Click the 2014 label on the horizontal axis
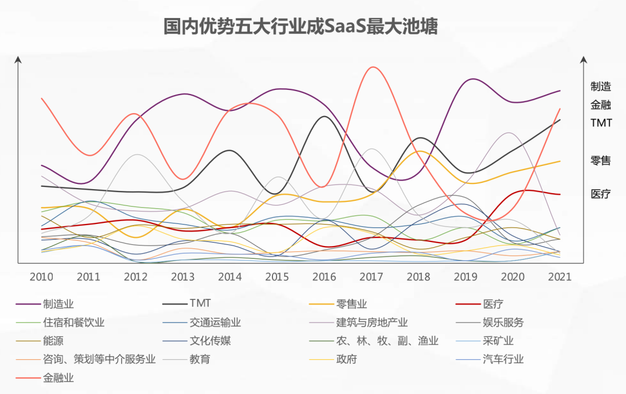(x=230, y=276)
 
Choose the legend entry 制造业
(x=59, y=303)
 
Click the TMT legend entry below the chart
(x=200, y=303)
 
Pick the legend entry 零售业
(x=352, y=303)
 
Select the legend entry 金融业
(x=59, y=378)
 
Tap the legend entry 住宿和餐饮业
(x=74, y=323)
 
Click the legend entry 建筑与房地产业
(x=372, y=323)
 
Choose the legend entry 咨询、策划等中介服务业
(x=99, y=359)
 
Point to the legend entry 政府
(x=347, y=359)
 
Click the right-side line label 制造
(x=600, y=87)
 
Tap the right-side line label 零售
(x=600, y=161)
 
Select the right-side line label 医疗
(x=600, y=194)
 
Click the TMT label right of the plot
(x=601, y=123)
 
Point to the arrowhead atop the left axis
(x=18, y=59)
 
